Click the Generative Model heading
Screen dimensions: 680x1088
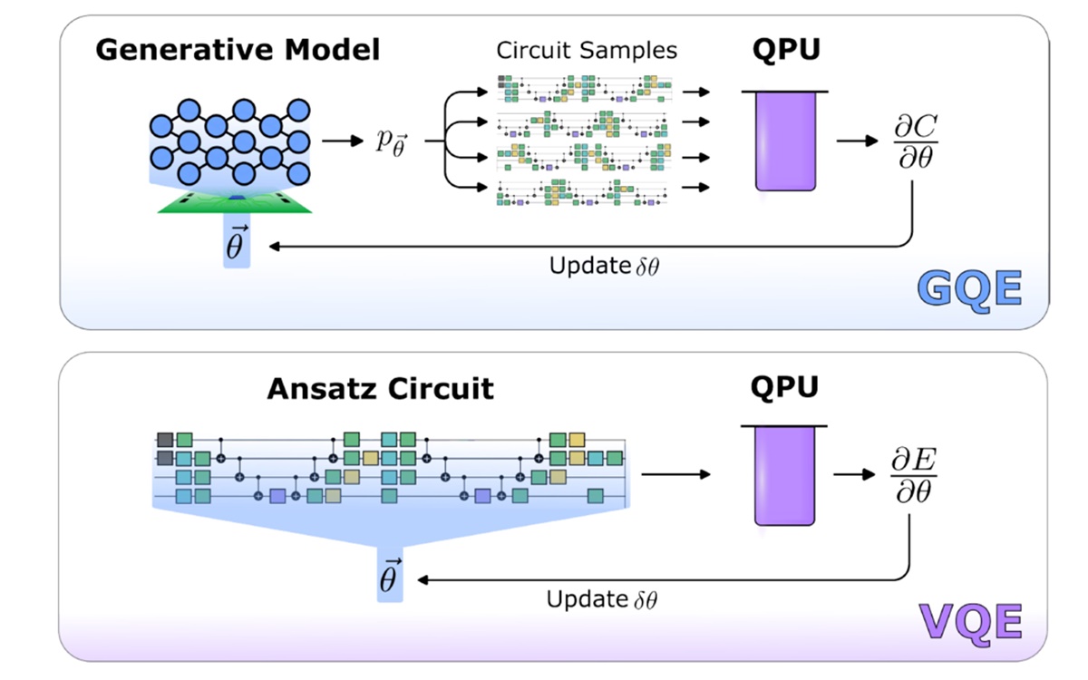[238, 49]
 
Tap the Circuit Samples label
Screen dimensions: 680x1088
[587, 50]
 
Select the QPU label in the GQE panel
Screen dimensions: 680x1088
[786, 49]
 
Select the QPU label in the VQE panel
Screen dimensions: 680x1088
[786, 387]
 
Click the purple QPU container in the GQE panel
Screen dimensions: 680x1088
[786, 141]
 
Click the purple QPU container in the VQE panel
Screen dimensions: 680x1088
[786, 476]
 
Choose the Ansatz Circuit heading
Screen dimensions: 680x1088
[380, 389]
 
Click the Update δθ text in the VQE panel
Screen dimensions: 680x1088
[600, 599]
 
